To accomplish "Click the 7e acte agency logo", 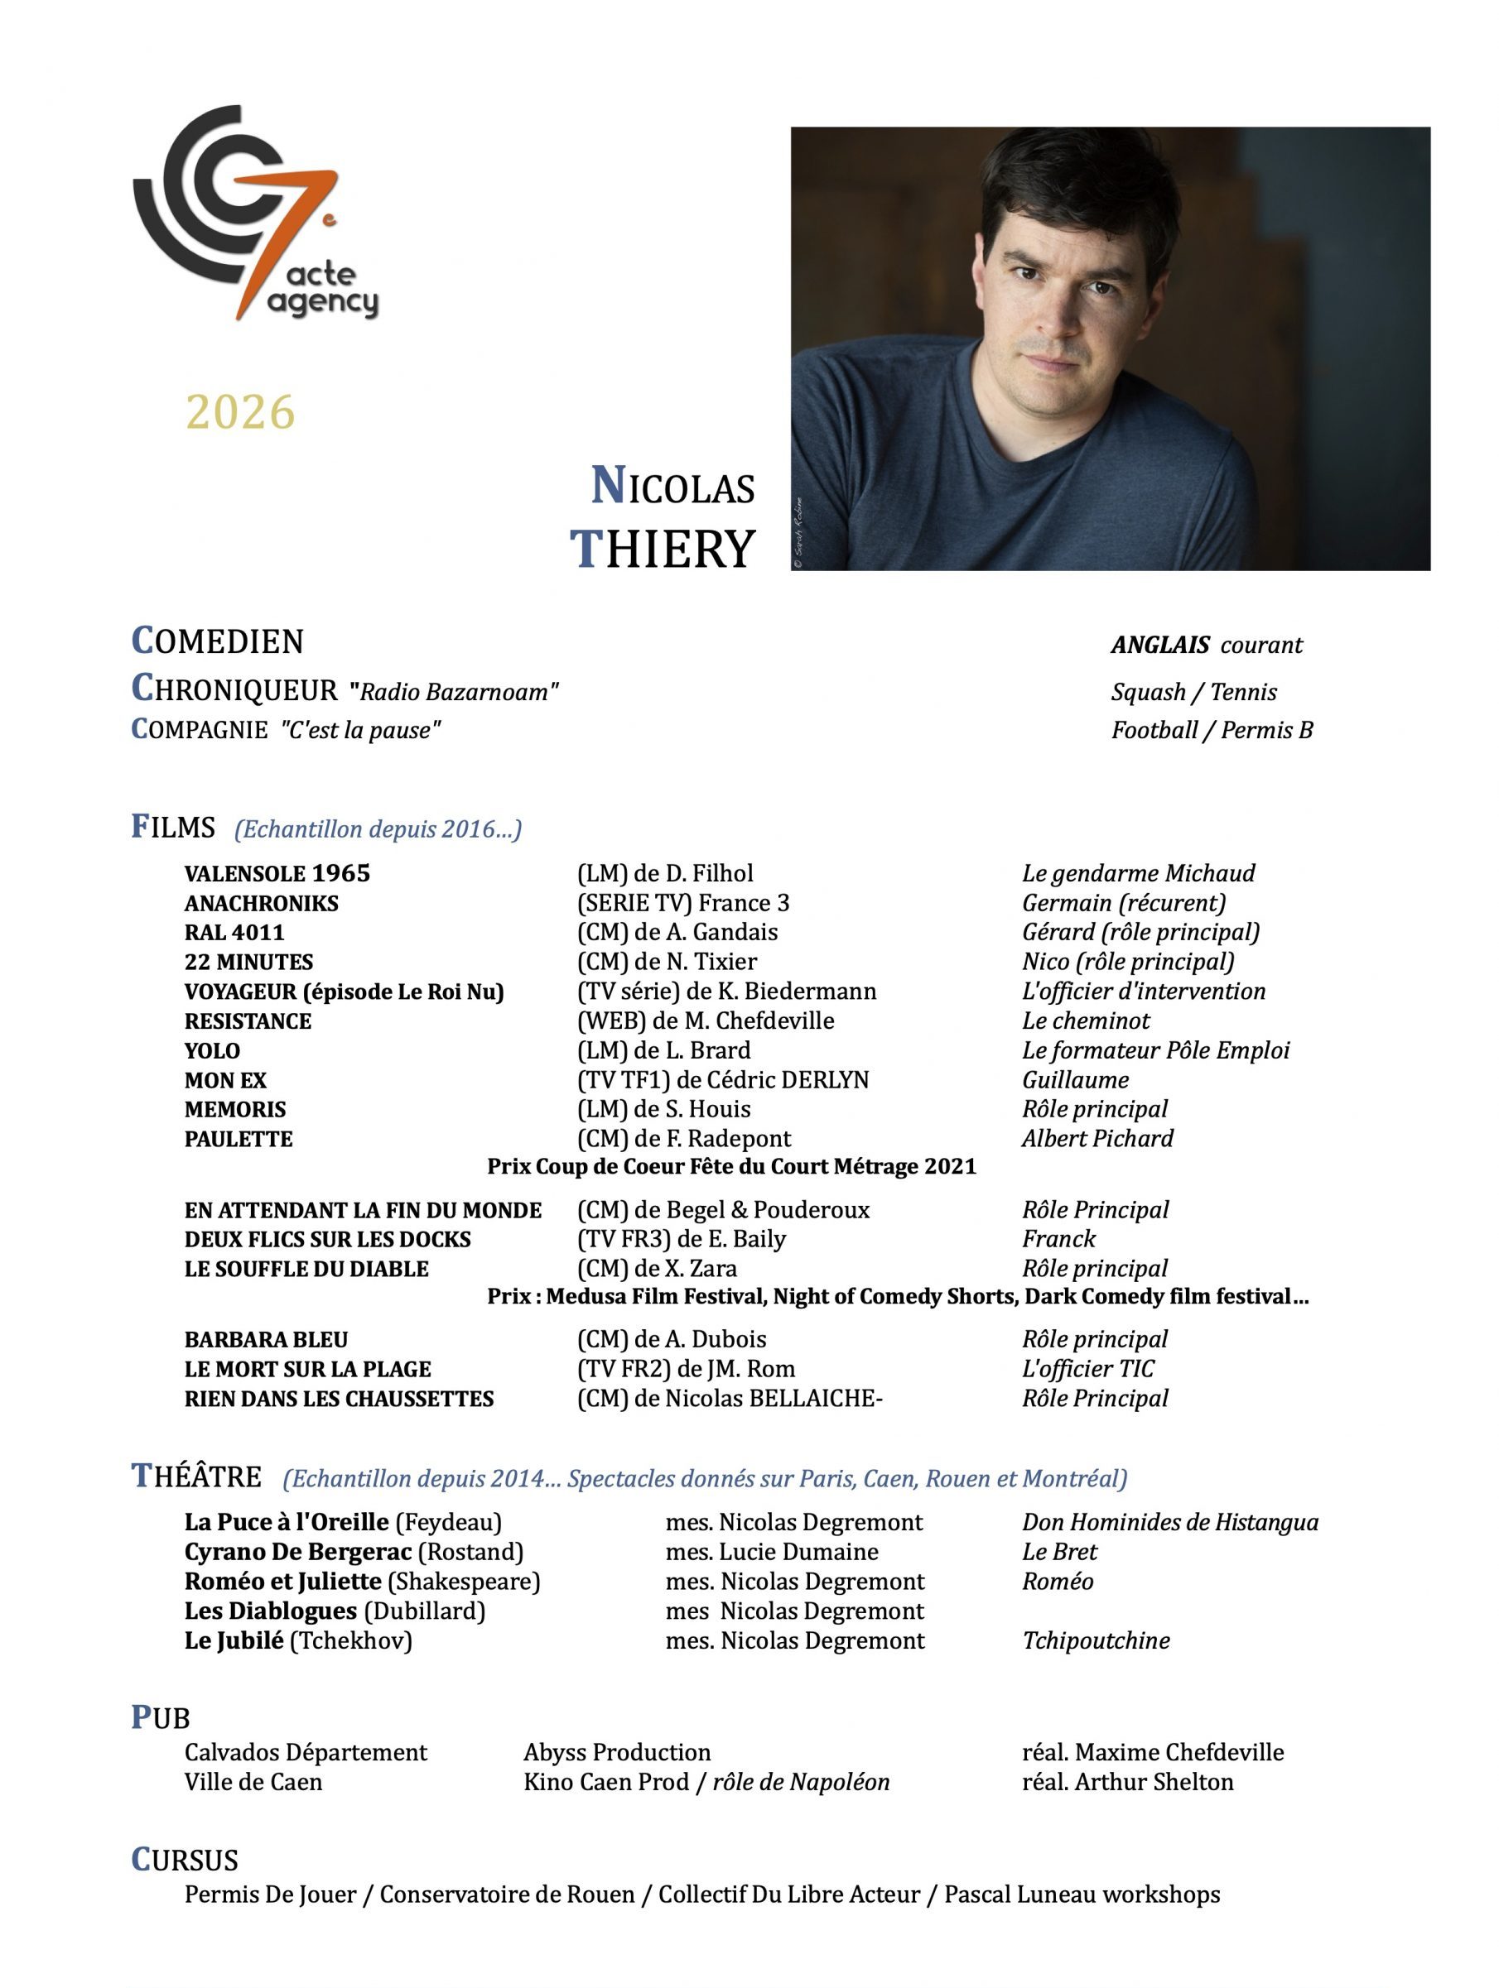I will [254, 213].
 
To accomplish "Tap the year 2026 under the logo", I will [240, 412].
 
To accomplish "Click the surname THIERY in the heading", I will [663, 549].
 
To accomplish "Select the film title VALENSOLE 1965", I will [277, 873].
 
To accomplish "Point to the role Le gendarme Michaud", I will [1138, 873].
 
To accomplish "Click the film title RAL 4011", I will [234, 933].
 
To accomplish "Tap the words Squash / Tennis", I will [1193, 692].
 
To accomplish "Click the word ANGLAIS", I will [1160, 646].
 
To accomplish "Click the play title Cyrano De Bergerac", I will [297, 1552].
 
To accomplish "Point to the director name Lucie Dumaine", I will [798, 1552].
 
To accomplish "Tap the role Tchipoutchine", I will [1095, 1641].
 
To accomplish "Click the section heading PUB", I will [161, 1717].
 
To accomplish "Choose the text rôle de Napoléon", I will [800, 1782].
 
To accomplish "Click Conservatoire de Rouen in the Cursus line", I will [507, 1894].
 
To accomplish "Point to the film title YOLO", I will [212, 1051].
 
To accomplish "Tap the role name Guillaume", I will [1075, 1080].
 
